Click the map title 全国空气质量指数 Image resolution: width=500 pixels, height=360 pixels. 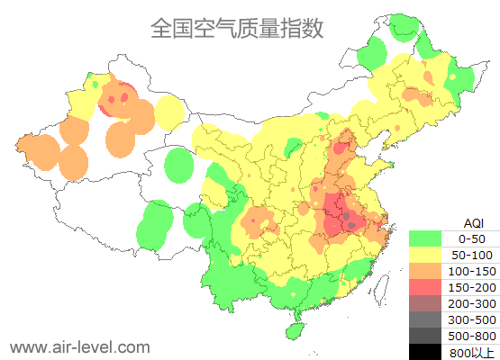[x=237, y=28]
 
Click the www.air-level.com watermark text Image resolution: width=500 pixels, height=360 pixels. [x=79, y=346]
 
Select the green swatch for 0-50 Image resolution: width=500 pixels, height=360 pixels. [x=424, y=238]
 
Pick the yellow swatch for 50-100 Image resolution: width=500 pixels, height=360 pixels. [x=424, y=255]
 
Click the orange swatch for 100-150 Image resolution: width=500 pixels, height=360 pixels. [x=424, y=271]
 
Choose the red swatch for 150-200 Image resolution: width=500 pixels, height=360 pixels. [x=424, y=287]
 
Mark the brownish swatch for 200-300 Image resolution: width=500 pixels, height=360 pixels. [x=424, y=303]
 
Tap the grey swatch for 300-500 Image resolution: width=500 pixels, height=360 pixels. [x=424, y=319]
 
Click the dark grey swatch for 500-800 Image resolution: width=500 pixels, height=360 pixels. [x=424, y=336]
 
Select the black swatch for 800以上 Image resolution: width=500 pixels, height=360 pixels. [x=424, y=351]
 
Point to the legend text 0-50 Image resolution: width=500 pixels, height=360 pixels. [x=472, y=238]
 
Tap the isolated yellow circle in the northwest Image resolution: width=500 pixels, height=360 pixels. [x=169, y=112]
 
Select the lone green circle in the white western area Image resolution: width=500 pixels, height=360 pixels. [x=180, y=166]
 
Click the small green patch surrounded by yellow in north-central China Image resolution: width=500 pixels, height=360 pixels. [x=293, y=147]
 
